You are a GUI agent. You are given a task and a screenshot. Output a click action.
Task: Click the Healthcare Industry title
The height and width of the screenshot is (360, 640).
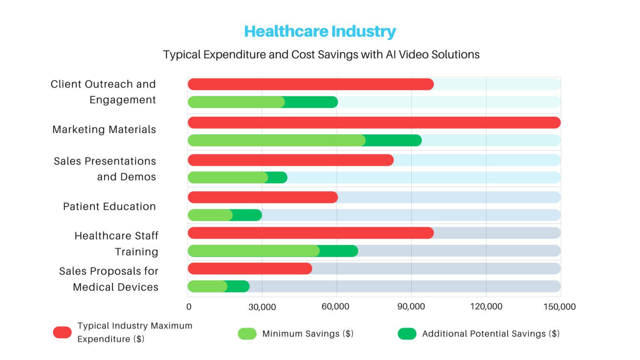click(x=320, y=31)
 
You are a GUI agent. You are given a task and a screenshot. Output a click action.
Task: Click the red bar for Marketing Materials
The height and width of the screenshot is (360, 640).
click(x=374, y=122)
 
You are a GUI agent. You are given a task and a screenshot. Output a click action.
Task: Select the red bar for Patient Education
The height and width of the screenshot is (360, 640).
click(x=262, y=197)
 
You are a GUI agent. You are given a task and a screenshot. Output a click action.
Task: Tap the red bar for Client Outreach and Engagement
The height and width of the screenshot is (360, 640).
click(x=310, y=84)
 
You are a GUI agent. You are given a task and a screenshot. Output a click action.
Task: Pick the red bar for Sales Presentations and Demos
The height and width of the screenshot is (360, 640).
click(x=290, y=160)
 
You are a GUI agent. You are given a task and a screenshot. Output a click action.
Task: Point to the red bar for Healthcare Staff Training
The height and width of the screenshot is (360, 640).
click(x=310, y=233)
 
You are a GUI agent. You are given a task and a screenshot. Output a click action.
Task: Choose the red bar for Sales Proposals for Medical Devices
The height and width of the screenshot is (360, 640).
click(x=250, y=269)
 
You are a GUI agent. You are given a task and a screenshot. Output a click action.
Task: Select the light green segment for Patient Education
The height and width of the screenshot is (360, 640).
click(x=210, y=215)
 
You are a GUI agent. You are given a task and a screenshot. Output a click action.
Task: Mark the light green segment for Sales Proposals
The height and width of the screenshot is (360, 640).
click(x=207, y=286)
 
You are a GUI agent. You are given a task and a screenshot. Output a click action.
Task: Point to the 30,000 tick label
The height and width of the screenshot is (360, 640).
click(x=262, y=307)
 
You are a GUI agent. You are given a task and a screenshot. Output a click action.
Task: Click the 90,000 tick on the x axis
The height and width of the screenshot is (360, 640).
click(x=411, y=307)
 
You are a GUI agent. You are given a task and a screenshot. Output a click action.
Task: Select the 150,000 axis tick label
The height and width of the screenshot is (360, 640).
click(x=559, y=307)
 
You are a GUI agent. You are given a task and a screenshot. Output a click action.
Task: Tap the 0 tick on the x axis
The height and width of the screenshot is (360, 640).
click(x=189, y=307)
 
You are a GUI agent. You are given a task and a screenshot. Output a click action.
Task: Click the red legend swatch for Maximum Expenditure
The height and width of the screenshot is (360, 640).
click(x=62, y=332)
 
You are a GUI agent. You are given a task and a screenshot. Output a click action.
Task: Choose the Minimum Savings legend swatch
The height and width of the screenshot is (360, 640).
click(x=247, y=334)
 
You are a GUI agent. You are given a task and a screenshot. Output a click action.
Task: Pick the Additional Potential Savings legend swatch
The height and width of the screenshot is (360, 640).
click(x=407, y=334)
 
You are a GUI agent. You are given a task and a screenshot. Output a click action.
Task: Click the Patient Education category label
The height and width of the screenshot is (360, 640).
click(x=109, y=207)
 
